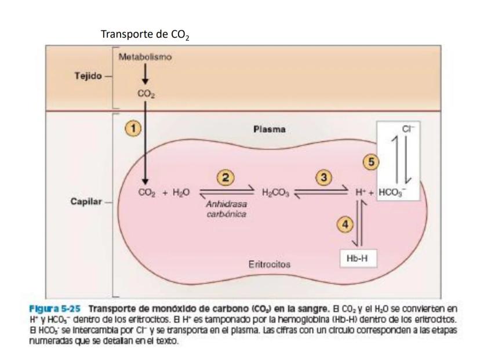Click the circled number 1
(133, 128)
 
